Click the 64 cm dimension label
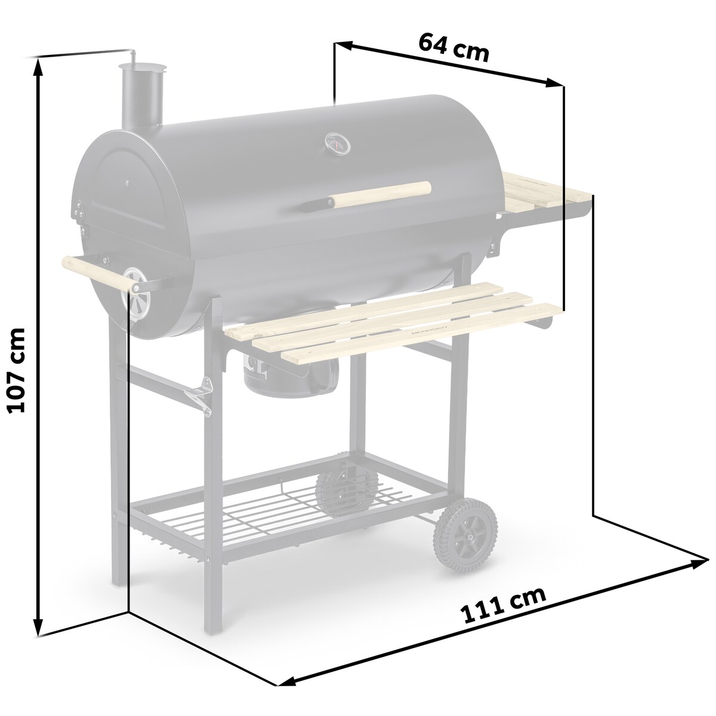click(x=453, y=48)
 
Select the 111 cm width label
click(x=503, y=604)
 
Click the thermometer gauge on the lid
click(x=335, y=143)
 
